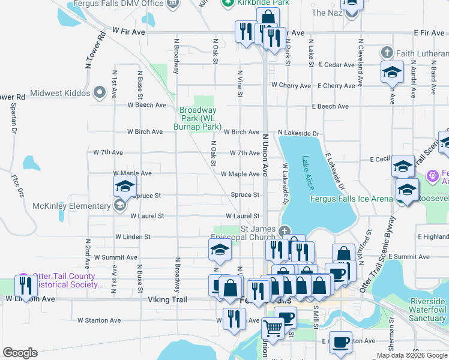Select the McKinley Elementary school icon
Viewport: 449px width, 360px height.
pos(120,206)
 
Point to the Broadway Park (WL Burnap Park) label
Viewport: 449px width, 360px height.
pos(198,118)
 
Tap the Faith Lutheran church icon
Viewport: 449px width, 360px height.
pos(388,53)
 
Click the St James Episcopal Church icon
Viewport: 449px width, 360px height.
pos(285,230)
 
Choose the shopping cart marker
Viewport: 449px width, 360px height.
pos(273,329)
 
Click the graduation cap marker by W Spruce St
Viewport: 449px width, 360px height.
pos(125,186)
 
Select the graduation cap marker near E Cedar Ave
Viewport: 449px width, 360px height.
pos(392,72)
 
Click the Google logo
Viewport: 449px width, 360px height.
pos(20,353)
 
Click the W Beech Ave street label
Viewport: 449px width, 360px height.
pos(146,105)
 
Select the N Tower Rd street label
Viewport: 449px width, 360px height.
pos(103,44)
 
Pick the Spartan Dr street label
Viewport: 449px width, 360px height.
pos(13,117)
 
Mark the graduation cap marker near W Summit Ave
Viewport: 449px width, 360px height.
pos(220,250)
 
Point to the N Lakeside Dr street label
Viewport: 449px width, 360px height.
pos(298,133)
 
